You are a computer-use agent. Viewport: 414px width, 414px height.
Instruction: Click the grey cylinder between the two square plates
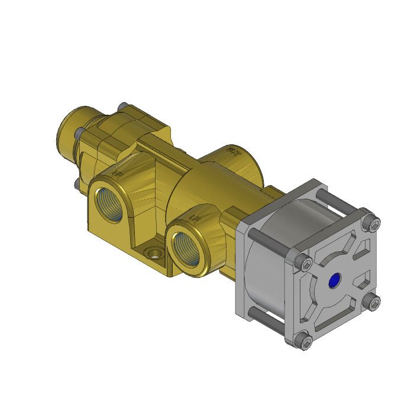(x=266, y=260)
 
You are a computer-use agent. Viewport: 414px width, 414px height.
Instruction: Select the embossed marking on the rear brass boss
(x=232, y=152)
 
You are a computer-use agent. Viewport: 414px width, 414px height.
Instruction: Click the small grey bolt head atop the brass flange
(x=122, y=106)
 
